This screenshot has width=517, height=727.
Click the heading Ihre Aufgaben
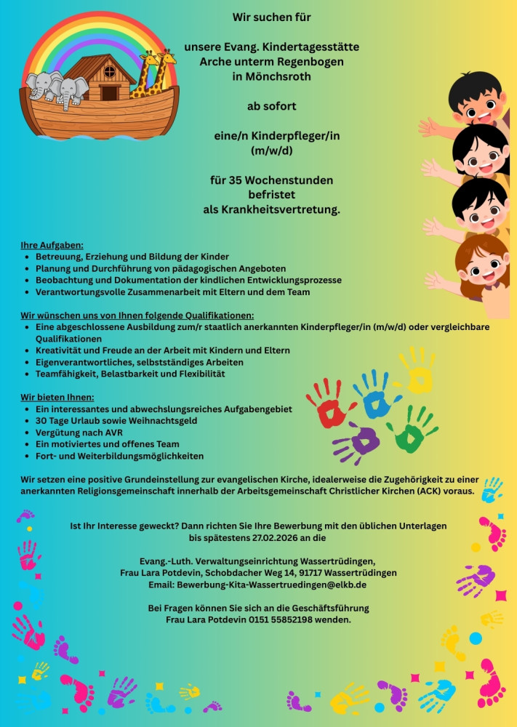pyautogui.click(x=52, y=245)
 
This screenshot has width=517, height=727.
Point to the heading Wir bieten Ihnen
pyautogui.click(x=57, y=398)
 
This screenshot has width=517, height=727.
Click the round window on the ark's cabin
pyautogui.click(x=109, y=72)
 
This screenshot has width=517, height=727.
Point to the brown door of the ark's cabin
pyautogui.click(x=109, y=93)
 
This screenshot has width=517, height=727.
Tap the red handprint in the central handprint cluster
pyautogui.click(x=329, y=401)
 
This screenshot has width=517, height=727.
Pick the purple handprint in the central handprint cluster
pyautogui.click(x=358, y=441)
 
